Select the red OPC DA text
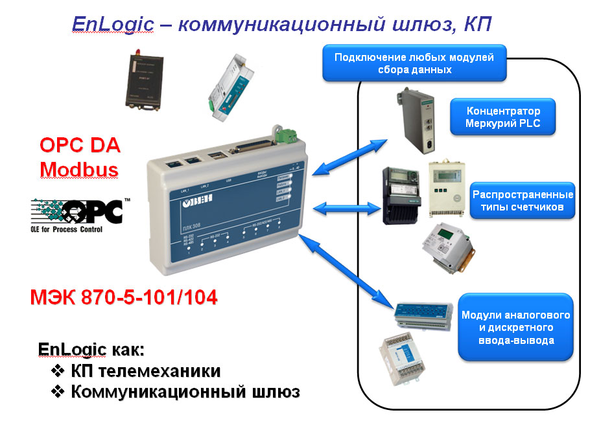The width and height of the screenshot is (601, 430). pyautogui.click(x=80, y=145)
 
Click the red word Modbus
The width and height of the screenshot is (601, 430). pyautogui.click(x=79, y=170)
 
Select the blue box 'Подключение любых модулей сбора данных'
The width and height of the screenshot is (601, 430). pyautogui.click(x=414, y=63)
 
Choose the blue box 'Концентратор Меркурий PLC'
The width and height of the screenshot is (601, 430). pyautogui.click(x=503, y=117)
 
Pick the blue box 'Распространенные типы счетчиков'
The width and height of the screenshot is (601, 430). pyautogui.click(x=523, y=201)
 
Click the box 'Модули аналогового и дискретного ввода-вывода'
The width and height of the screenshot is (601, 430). pyautogui.click(x=515, y=327)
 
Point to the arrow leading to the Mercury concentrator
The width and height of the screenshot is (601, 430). pyautogui.click(x=350, y=156)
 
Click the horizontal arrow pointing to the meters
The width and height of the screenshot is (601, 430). pyautogui.click(x=348, y=207)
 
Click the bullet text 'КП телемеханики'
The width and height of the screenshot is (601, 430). pyautogui.click(x=136, y=371)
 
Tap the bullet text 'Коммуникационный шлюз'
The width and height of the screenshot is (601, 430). pyautogui.click(x=176, y=392)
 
